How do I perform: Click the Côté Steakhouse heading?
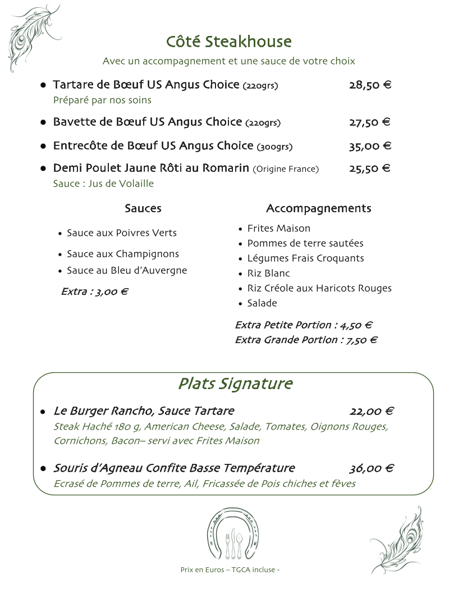(x=229, y=42)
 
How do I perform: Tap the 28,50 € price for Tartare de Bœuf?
(x=370, y=85)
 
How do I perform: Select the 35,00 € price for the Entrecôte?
(x=370, y=147)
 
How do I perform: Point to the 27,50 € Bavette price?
(x=370, y=122)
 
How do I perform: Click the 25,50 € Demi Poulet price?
(x=370, y=168)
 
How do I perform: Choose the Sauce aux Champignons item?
(x=123, y=254)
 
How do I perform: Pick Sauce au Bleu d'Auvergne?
(x=127, y=271)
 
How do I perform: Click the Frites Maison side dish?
(x=279, y=229)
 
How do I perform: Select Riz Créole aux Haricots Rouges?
(x=319, y=288)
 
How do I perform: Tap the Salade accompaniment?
(x=262, y=303)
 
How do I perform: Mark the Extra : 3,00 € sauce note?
(x=95, y=292)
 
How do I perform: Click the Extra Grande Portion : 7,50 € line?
(x=306, y=340)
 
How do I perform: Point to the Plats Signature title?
(x=235, y=384)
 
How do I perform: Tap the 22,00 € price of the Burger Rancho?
(x=371, y=412)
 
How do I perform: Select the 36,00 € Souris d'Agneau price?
(x=371, y=468)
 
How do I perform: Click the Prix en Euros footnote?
(x=230, y=569)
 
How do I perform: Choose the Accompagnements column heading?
(x=318, y=209)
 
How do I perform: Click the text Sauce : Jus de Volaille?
(x=103, y=184)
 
